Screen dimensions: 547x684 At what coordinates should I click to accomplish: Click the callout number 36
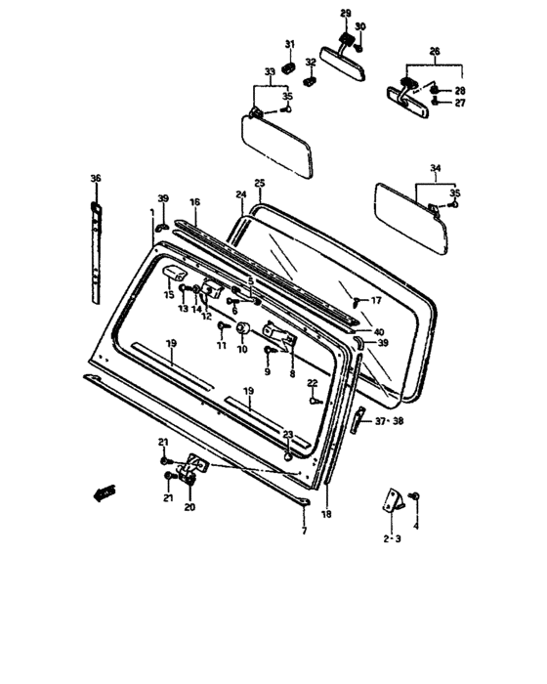coord(96,178)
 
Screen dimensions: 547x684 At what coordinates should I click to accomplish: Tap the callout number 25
coord(260,183)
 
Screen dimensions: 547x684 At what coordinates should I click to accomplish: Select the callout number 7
coord(304,531)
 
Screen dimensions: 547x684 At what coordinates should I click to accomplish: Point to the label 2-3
coord(392,538)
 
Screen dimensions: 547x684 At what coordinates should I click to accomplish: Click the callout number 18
coord(326,514)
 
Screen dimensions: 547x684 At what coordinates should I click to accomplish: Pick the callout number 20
coord(189,507)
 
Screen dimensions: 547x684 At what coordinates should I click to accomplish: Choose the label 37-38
coord(389,421)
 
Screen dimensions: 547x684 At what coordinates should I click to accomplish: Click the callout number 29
coord(346,14)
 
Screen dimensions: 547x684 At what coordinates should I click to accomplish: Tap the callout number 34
coord(436,167)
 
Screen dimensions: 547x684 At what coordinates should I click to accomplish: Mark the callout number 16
coord(194,202)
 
